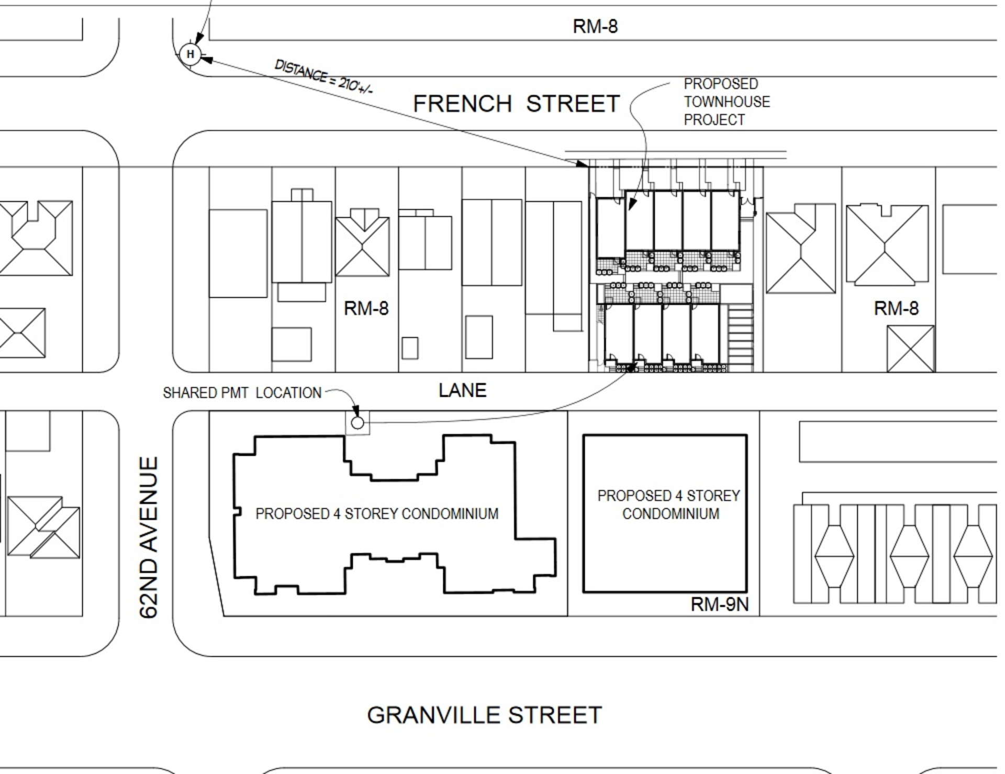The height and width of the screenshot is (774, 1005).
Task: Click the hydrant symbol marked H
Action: (190, 54)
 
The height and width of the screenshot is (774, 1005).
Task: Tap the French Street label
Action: (516, 104)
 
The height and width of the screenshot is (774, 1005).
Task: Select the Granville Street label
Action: (484, 715)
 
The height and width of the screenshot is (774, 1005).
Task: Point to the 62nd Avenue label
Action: (149, 537)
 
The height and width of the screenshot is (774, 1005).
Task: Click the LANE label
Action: (462, 390)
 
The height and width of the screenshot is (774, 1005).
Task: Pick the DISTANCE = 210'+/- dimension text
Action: (323, 76)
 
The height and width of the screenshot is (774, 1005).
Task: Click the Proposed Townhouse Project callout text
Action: (727, 102)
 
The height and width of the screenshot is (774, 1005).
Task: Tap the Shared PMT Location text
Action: (242, 393)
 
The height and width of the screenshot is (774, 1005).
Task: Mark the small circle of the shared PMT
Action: (358, 422)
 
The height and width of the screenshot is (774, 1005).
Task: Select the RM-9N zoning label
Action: (719, 604)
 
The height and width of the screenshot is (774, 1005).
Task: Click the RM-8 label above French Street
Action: (595, 26)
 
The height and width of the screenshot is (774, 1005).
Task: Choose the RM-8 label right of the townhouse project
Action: (896, 308)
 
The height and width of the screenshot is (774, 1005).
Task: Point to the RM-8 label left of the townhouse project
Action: (366, 308)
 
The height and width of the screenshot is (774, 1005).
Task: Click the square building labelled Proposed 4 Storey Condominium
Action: (665, 513)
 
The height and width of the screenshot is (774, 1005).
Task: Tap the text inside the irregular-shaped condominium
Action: (377, 514)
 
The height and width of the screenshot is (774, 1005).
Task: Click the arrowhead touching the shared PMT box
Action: (355, 412)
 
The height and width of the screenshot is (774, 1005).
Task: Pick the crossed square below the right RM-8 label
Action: (911, 349)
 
